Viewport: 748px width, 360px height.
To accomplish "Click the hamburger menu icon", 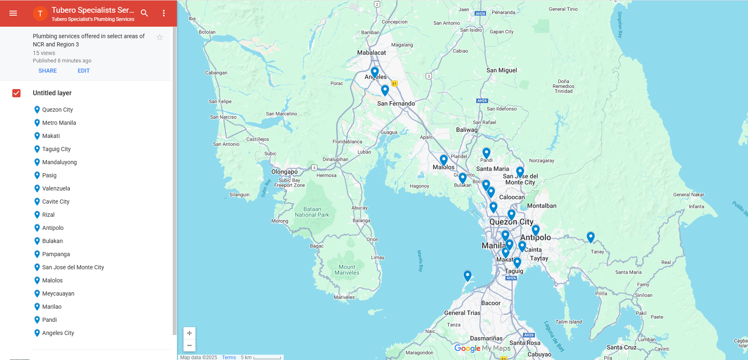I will [x=13, y=13].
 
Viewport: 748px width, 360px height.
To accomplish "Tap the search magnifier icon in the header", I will [x=144, y=13].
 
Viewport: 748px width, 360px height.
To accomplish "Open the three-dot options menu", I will [x=164, y=13].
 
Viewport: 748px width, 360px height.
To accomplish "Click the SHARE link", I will [x=48, y=71].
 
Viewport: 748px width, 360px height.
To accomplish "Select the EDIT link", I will [x=84, y=71].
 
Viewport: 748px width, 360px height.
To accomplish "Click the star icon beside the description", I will [x=160, y=37].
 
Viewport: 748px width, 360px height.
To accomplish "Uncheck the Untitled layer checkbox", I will [x=16, y=93].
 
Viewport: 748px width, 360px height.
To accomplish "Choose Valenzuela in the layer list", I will [x=56, y=188].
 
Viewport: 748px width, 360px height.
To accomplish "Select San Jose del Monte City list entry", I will [x=73, y=267].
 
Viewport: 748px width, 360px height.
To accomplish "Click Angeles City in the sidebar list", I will [x=58, y=333].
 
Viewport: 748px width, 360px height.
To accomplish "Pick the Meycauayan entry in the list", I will [x=58, y=294].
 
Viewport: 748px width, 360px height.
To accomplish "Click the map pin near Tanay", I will [x=590, y=237].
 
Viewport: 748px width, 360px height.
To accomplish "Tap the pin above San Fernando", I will [x=385, y=90].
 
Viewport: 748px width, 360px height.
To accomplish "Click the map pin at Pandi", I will [x=486, y=153].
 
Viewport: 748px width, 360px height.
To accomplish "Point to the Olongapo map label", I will [x=284, y=172].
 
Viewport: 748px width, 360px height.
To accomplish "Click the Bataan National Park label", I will [x=312, y=212].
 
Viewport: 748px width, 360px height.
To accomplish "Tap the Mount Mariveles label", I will [x=347, y=270].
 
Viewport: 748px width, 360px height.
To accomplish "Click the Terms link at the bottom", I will [x=229, y=357].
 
